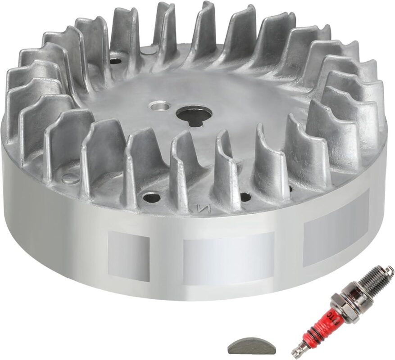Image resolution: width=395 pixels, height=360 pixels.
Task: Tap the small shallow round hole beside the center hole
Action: [156, 106]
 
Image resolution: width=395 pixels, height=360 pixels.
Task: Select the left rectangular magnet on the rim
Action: [129, 257]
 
